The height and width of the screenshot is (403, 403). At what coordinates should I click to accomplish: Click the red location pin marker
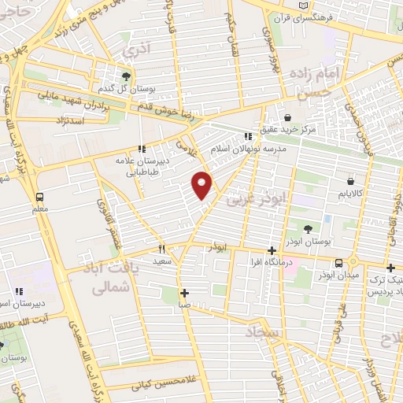pos(203,184)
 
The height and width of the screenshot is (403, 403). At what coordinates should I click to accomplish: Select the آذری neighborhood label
pos(135,49)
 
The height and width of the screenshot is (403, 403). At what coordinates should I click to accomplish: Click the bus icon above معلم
pos(40,197)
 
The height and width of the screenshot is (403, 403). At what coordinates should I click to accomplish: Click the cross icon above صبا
pos(183,292)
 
